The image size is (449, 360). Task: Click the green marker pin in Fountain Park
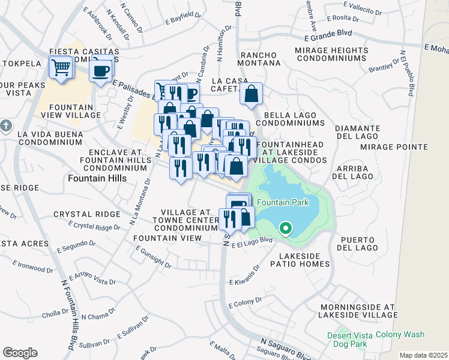point(286,229)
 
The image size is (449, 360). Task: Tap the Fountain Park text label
point(283,203)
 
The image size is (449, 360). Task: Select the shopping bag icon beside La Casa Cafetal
point(251,94)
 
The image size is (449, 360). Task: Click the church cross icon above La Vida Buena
point(6,126)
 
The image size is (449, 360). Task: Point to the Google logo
point(20,353)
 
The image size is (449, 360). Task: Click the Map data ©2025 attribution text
point(423,355)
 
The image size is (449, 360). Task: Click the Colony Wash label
point(400,335)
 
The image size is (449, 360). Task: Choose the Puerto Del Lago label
point(358,243)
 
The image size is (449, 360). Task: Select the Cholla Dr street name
point(55,314)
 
